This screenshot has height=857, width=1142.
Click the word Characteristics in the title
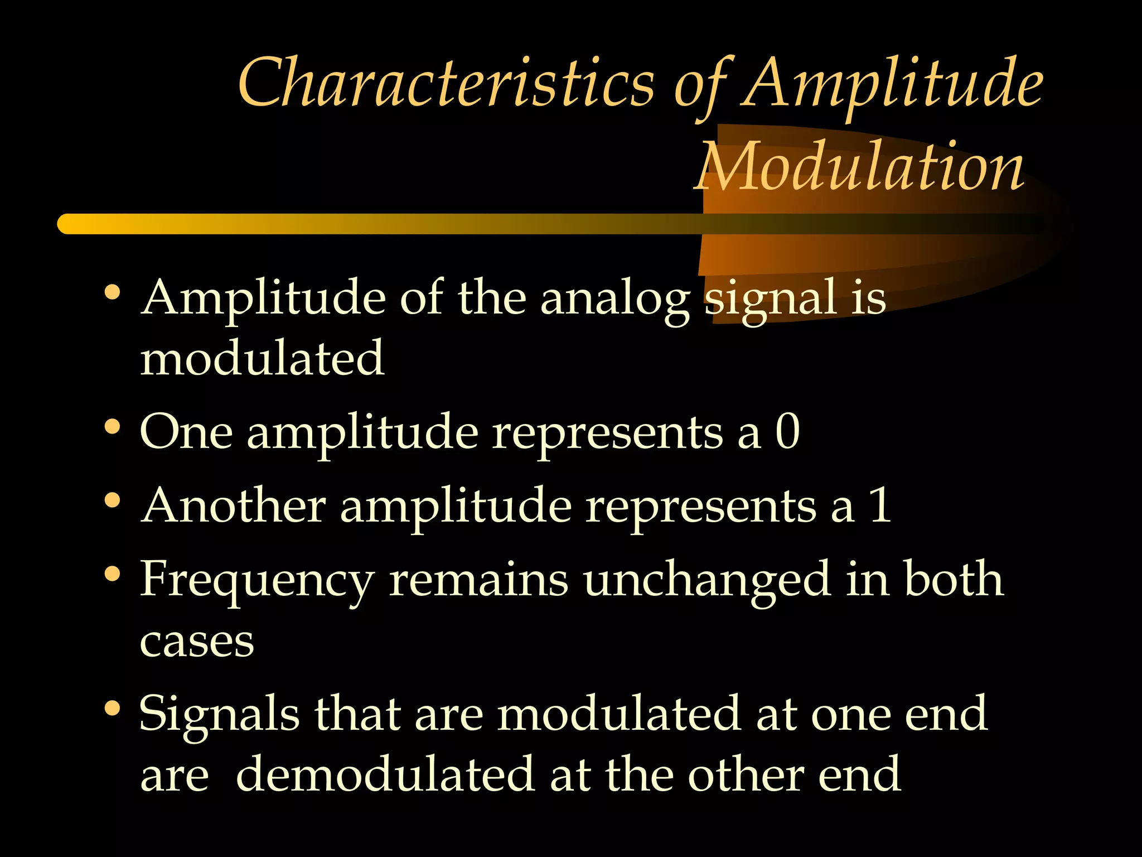coord(446,84)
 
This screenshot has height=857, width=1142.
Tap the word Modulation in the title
coord(859,166)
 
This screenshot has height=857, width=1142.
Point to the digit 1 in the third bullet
coord(880,505)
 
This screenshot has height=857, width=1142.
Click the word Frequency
coord(257,580)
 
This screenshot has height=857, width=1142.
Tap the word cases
coord(197,642)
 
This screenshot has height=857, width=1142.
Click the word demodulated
coord(385,774)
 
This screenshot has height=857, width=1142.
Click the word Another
coord(233,505)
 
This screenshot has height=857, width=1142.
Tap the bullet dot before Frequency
coord(113,574)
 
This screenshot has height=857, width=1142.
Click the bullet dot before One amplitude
coord(113,427)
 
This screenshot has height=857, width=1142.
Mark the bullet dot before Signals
coord(113,708)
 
